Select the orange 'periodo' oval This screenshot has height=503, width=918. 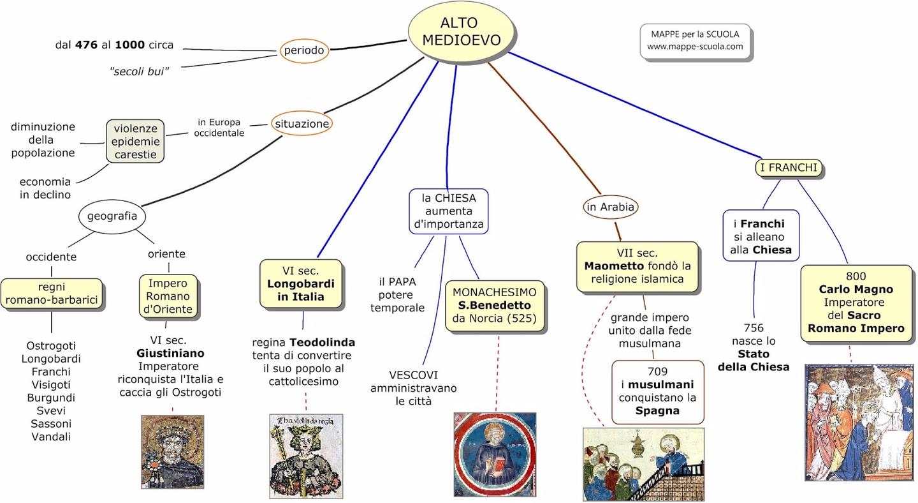point(304,50)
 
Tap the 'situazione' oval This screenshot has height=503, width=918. point(302,124)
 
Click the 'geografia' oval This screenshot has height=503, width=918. point(112,216)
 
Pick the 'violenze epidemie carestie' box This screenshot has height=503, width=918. point(135,140)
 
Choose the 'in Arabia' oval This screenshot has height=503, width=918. point(610,206)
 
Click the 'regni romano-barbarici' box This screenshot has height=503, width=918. point(51,294)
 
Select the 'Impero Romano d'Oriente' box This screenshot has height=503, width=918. point(168,296)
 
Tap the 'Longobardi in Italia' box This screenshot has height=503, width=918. point(301,283)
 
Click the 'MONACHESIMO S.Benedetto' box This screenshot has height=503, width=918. point(495,305)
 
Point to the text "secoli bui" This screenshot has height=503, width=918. point(139,71)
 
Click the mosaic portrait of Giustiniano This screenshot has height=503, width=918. point(172,451)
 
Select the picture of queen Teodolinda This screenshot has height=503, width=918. point(306,456)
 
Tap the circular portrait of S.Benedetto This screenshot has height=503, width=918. point(495,454)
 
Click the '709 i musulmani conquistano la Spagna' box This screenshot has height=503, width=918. point(657,391)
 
